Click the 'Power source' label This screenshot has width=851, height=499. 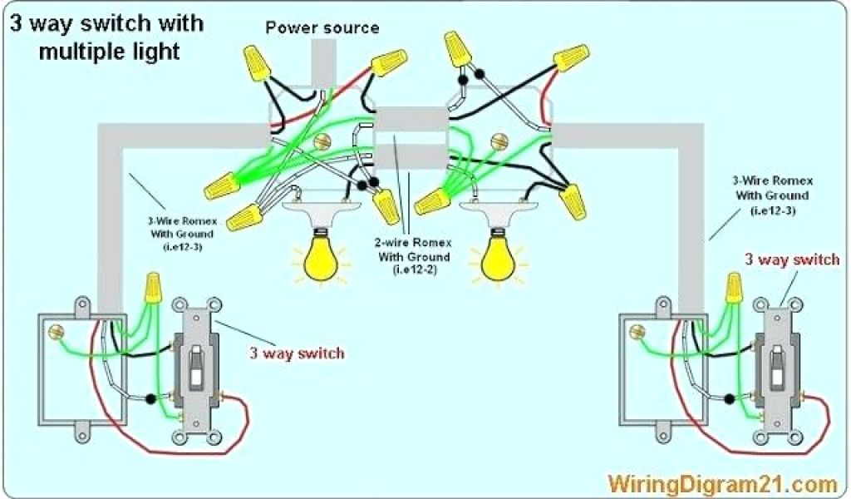click(x=322, y=28)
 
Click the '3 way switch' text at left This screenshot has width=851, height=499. click(x=297, y=353)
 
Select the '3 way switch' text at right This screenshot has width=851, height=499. click(x=792, y=260)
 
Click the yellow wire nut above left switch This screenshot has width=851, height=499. click(x=152, y=288)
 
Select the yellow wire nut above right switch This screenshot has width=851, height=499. click(x=733, y=288)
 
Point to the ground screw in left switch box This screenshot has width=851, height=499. click(x=58, y=333)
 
